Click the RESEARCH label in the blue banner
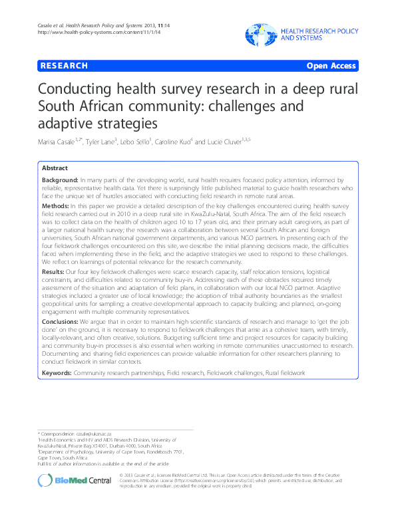pos(64,66)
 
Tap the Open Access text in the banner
pos(331,66)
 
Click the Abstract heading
pos(55,168)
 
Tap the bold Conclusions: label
pos(61,321)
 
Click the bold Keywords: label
pos(58,372)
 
